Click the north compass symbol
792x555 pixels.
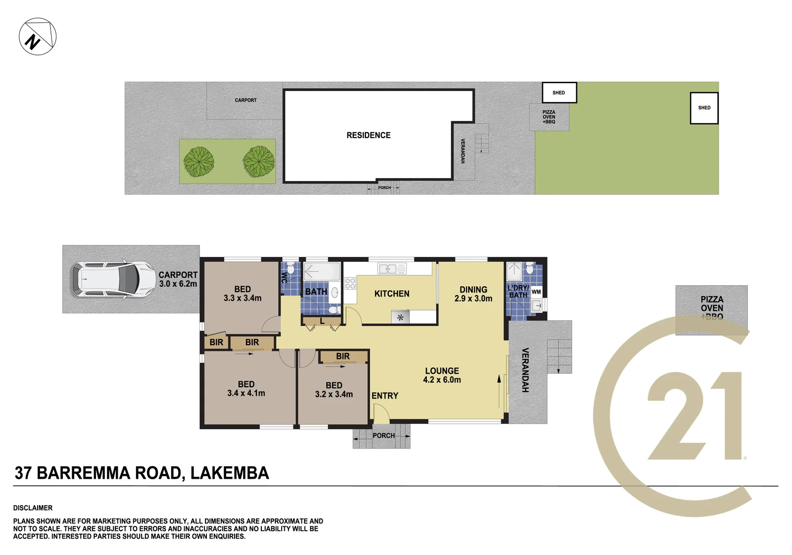click(x=38, y=37)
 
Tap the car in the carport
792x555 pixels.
click(x=113, y=279)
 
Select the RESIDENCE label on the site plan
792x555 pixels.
click(x=368, y=135)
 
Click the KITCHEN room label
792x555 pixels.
click(x=392, y=294)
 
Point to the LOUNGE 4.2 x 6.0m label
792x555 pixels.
click(x=442, y=375)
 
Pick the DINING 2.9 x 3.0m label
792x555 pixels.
click(x=473, y=294)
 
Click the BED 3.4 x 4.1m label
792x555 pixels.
click(x=246, y=388)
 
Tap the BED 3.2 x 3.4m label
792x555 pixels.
click(x=334, y=390)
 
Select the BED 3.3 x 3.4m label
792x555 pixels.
click(x=243, y=294)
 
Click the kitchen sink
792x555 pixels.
click(x=392, y=269)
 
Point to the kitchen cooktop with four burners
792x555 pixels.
click(x=350, y=283)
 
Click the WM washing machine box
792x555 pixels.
click(x=536, y=292)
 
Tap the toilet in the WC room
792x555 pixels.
click(x=291, y=268)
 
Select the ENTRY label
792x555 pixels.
click(x=385, y=396)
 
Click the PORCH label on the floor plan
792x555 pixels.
click(x=384, y=436)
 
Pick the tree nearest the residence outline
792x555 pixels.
click(x=259, y=161)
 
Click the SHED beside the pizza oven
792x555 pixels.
click(x=559, y=93)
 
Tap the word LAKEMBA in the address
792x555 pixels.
click(x=230, y=473)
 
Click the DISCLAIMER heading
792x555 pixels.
click(x=33, y=508)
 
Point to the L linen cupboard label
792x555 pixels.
click(x=322, y=321)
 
